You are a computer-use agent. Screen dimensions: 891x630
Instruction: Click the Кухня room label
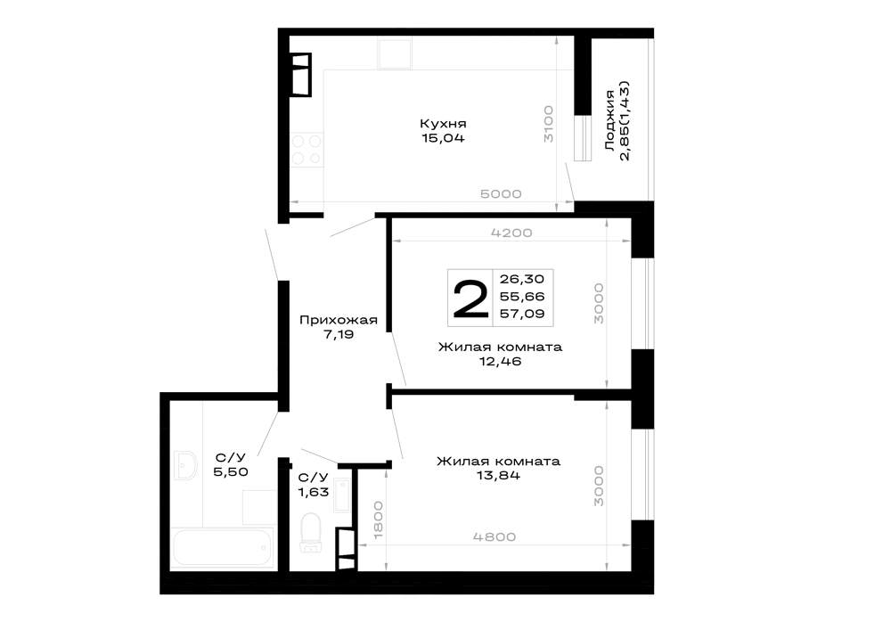443,123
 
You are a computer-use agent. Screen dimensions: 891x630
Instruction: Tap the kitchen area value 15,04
443,138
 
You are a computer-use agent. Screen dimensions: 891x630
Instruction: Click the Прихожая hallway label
338,320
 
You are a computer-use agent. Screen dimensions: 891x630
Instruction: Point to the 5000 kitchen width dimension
501,193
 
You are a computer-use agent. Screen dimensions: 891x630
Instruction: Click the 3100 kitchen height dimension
548,123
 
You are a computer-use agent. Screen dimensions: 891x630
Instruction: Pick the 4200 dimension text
511,233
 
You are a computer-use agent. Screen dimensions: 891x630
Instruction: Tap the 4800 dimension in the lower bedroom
495,536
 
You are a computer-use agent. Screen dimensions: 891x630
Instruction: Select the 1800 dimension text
379,520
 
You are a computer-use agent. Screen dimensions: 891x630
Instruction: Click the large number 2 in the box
470,299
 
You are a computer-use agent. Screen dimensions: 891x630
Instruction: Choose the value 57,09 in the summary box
522,313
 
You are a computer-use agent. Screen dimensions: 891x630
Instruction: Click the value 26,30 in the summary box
522,279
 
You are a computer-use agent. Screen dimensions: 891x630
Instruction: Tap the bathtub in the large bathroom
224,548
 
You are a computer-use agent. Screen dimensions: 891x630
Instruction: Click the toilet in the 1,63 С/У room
311,533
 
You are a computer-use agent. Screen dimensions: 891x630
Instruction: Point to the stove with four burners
307,150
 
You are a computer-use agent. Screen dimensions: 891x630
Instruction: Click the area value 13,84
498,476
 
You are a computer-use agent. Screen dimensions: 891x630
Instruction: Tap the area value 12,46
500,361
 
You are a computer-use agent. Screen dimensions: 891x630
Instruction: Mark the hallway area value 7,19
339,334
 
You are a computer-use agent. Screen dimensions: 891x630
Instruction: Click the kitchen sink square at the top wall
395,53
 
